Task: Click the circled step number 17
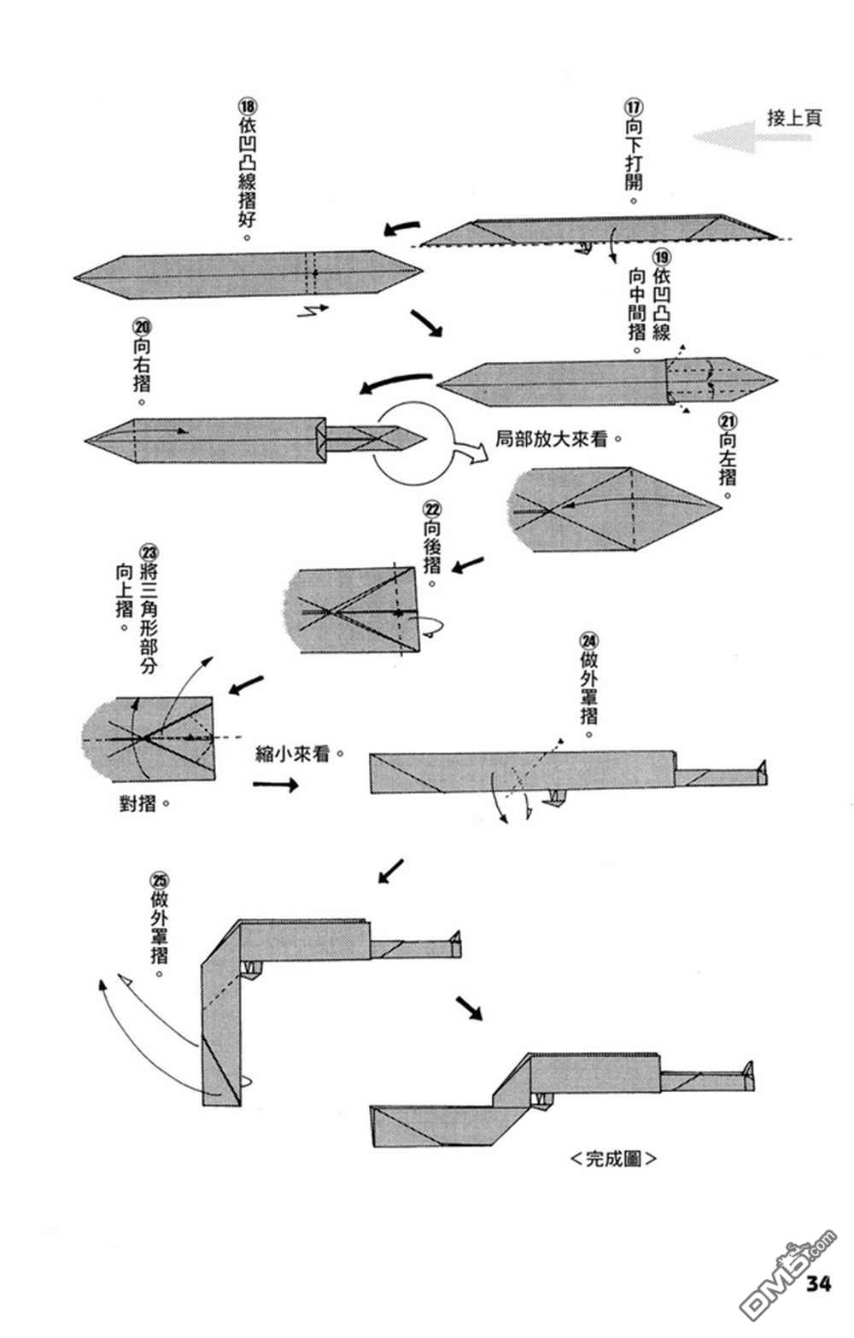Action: click(633, 108)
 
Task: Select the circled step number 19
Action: click(660, 259)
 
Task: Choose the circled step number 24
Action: click(589, 641)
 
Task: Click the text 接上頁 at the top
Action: click(793, 118)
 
